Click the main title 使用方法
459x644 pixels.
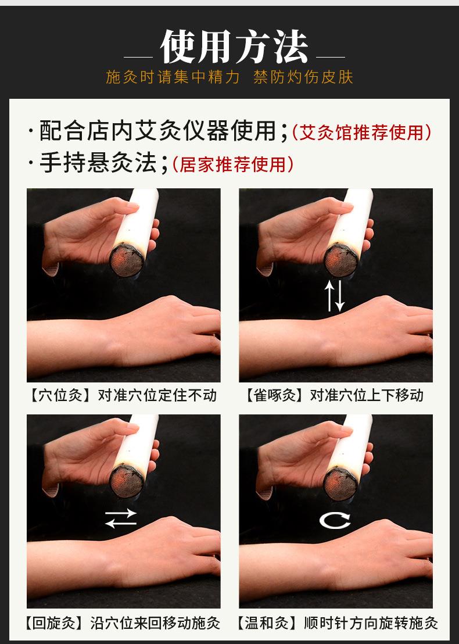(234, 47)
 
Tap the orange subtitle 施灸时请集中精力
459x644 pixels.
(173, 77)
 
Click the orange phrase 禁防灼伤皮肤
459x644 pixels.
(303, 77)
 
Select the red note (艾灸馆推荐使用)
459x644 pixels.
(361, 133)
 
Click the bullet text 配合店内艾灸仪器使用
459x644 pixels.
(157, 131)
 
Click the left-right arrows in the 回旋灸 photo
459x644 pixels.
(121, 518)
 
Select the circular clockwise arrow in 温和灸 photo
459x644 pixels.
(335, 519)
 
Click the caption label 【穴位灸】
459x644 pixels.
(60, 396)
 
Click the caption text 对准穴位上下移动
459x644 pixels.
(367, 396)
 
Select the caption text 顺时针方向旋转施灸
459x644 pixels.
(371, 624)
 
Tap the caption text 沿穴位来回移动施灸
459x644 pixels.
(155, 624)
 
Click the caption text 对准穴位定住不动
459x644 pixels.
(157, 396)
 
